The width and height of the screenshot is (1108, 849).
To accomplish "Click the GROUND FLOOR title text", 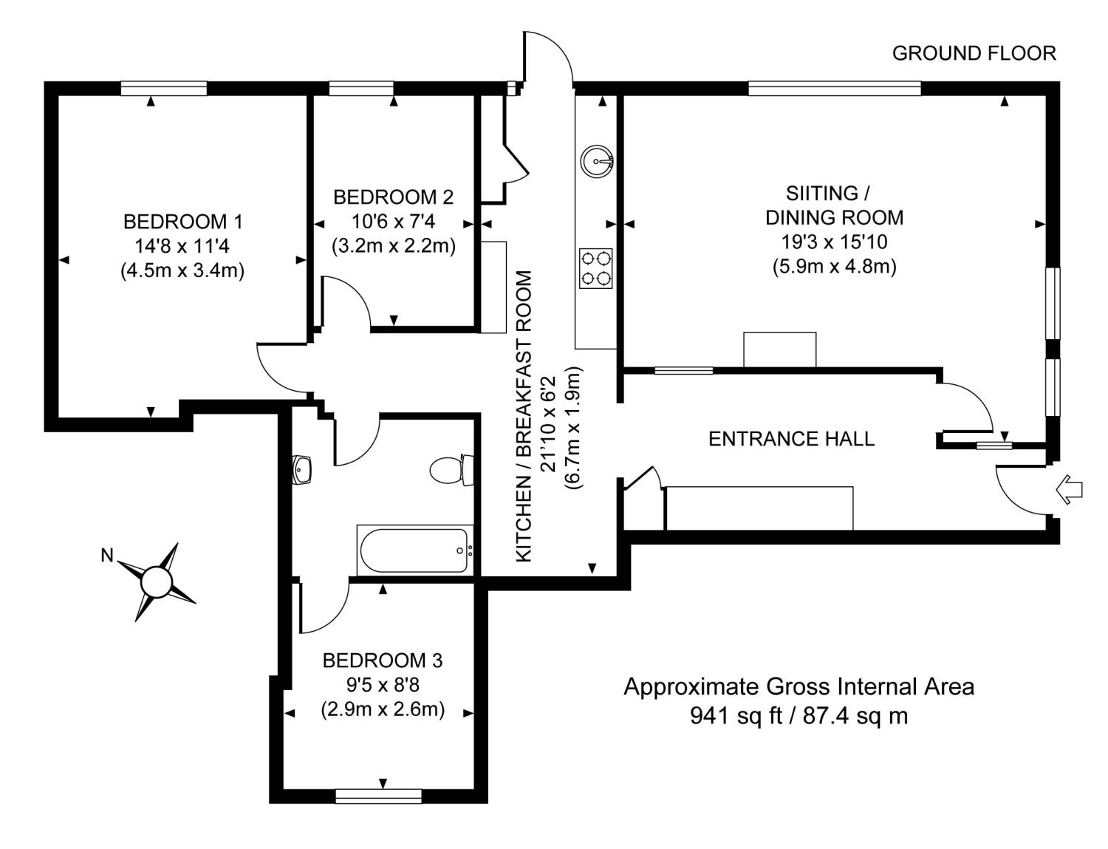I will point(974,53).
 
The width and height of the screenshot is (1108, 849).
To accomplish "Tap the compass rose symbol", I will point(157,582).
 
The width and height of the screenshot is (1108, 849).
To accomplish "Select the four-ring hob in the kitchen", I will point(596,268).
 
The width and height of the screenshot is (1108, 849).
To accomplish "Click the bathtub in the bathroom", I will point(414,550).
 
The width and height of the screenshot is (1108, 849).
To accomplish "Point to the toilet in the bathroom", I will point(450,470).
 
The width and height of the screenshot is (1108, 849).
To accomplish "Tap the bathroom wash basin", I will point(303,469).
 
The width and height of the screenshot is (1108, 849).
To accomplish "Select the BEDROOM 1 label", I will point(182,221).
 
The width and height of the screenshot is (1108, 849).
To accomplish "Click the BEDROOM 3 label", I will point(383,660).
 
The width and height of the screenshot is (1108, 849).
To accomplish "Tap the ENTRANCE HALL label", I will point(791,439).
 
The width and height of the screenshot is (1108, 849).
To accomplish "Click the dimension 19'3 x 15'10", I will point(834,242).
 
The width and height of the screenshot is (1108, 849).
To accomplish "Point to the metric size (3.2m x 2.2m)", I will point(393,245).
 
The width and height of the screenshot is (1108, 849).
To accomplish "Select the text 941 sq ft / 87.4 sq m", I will point(798,715).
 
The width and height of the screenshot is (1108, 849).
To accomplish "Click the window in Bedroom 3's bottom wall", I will point(378,796).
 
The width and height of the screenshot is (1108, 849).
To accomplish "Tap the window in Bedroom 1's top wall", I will point(164,89).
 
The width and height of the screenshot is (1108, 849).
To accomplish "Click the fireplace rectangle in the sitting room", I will point(779,350).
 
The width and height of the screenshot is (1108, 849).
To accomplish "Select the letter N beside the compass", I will point(107,556).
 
